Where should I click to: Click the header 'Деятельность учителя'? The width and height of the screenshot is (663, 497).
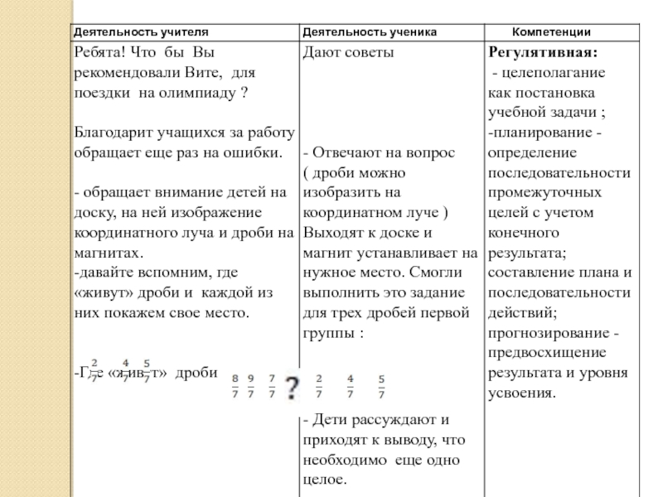click(140, 31)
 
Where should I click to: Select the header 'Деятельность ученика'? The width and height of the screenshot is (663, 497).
click(369, 31)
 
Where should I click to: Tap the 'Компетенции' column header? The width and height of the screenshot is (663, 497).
click(551, 31)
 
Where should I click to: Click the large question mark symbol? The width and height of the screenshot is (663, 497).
click(292, 386)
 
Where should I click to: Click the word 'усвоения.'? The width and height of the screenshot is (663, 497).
click(521, 393)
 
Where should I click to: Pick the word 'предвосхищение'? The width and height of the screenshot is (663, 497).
click(543, 353)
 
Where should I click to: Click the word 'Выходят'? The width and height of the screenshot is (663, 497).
click(329, 233)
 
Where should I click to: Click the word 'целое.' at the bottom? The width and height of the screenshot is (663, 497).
click(323, 479)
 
